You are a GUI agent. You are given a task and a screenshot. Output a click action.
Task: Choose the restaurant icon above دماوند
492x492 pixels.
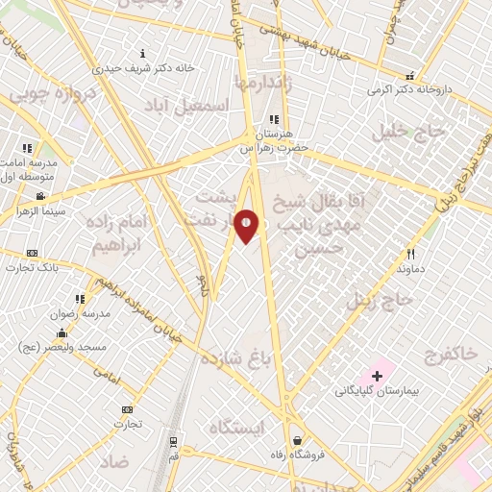pos(410,255)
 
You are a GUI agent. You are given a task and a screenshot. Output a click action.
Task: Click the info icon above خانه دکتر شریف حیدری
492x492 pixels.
pos(143,54)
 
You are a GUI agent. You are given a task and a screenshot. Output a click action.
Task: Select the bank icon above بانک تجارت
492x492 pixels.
pos(32,253)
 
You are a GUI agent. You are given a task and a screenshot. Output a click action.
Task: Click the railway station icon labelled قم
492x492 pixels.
pos(172,442)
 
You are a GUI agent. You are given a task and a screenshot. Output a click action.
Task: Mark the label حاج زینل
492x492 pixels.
pos(385,300)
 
